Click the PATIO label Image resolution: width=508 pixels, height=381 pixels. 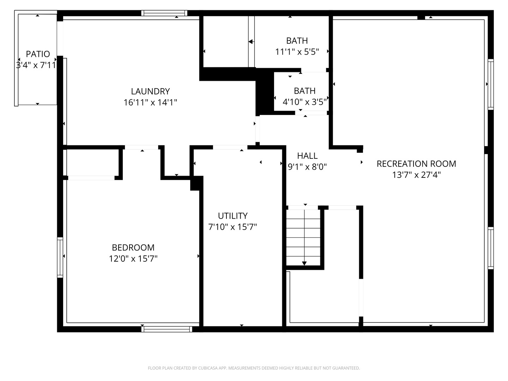38,54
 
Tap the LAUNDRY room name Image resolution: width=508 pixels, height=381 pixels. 150,91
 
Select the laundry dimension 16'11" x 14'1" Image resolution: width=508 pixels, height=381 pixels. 150,102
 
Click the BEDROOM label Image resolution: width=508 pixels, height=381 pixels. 133,248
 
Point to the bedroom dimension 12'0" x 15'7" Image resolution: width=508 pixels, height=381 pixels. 133,258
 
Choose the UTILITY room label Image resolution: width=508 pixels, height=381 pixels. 232,216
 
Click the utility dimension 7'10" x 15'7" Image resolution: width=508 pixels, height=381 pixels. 232,227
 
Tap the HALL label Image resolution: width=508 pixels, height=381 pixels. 307,156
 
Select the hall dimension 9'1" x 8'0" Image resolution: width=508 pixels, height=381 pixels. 307,167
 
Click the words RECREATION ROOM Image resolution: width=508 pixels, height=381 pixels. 416,164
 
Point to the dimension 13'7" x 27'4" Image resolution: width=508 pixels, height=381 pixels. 416,175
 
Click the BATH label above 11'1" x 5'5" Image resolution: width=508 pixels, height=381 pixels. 297,41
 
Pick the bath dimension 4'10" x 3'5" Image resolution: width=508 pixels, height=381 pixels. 304,102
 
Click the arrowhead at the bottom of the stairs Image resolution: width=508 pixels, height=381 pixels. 304,263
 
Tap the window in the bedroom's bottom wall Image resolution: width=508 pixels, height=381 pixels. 167,329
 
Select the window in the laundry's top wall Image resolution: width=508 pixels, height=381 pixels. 164,13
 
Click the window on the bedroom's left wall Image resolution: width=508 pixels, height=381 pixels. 60,257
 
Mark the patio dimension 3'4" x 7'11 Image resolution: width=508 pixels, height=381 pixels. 36,65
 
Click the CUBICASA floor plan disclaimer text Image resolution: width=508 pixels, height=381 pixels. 254,368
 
